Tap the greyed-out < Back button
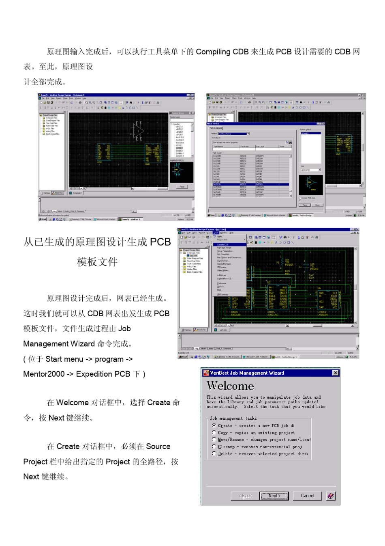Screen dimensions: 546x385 pyautogui.click(x=245, y=496)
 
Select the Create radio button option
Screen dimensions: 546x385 pyautogui.click(x=214, y=425)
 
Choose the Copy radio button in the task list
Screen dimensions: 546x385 pyautogui.click(x=214, y=432)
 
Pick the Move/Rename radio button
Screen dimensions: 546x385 pyautogui.click(x=214, y=439)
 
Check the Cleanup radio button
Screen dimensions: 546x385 pyautogui.click(x=214, y=447)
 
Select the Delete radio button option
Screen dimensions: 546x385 pyautogui.click(x=214, y=453)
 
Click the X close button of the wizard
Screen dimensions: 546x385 pyautogui.click(x=335, y=373)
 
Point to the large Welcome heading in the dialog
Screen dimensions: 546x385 pyautogui.click(x=230, y=386)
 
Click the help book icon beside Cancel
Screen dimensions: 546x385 pyautogui.click(x=331, y=496)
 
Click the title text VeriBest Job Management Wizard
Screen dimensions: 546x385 pyautogui.click(x=247, y=373)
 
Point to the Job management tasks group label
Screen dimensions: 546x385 pyautogui.click(x=233, y=418)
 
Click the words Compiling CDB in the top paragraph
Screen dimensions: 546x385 pyautogui.click(x=222, y=52)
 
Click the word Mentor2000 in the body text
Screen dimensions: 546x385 pyautogui.click(x=44, y=374)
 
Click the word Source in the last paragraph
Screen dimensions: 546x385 pyautogui.click(x=158, y=447)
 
